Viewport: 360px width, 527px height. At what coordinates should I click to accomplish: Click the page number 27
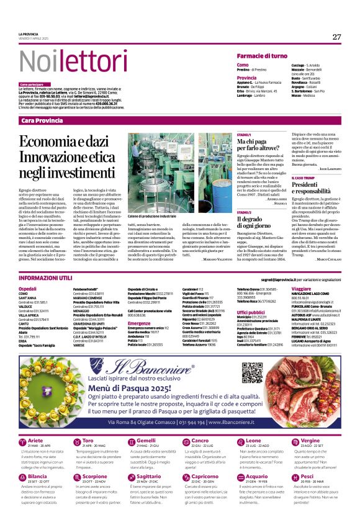(336, 37)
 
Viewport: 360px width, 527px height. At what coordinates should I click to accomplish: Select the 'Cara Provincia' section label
(42, 120)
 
